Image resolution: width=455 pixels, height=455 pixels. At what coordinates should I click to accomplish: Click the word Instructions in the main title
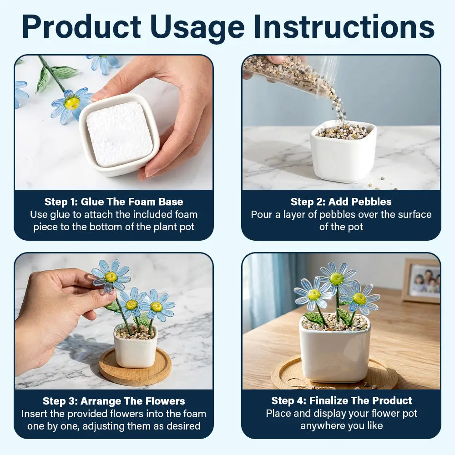point(344,26)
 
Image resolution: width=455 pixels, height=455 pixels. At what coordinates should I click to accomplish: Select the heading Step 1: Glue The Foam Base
point(114,202)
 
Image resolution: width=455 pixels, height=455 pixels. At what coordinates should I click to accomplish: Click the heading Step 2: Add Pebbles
point(341,202)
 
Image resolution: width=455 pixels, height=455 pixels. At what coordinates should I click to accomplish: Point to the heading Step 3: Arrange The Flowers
point(114,401)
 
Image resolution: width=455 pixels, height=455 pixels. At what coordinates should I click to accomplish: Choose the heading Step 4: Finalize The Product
point(342,401)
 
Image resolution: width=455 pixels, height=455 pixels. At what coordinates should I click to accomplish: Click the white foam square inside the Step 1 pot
point(119,134)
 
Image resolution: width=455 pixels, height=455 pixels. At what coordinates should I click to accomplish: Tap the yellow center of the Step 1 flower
point(72,103)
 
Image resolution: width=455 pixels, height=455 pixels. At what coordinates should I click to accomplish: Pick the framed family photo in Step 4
point(421,281)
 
